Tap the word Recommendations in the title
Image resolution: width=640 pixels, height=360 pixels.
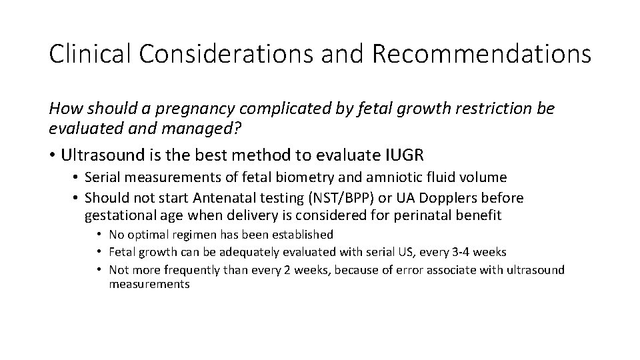[x=482, y=54]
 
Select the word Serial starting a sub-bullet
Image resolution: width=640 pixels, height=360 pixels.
[x=103, y=177]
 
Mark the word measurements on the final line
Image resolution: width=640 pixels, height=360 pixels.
[x=150, y=285]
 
